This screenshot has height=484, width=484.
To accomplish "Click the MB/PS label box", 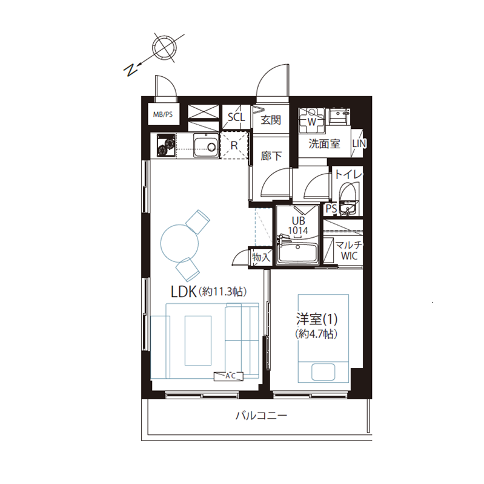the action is (x=163, y=114).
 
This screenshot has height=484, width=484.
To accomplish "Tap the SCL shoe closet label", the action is (x=236, y=117).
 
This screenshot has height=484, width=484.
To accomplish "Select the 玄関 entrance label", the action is (x=271, y=120).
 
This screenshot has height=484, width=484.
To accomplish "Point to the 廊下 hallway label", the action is (x=271, y=156).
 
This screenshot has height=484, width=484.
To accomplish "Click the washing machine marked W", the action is (x=311, y=120).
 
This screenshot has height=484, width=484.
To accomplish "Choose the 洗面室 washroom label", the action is (x=324, y=144).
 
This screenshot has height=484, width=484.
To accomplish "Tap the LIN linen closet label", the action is (x=359, y=143).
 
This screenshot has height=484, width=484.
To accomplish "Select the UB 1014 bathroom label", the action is (x=298, y=225).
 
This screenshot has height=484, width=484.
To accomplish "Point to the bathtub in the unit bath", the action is (x=297, y=251).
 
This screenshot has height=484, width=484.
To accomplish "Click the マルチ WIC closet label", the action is (x=349, y=250).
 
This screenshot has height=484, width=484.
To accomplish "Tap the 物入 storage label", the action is (x=261, y=257).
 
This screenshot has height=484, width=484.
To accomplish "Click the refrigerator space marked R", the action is (x=234, y=145).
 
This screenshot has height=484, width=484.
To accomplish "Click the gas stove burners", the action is (x=166, y=146).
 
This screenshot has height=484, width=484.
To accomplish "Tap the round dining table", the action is (x=179, y=243).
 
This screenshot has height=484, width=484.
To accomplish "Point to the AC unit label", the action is (x=229, y=376).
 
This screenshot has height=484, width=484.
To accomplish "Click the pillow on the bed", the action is (x=323, y=371).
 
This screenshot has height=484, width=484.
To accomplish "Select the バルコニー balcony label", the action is (x=262, y=416).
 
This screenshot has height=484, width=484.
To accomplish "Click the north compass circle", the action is (x=164, y=48).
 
